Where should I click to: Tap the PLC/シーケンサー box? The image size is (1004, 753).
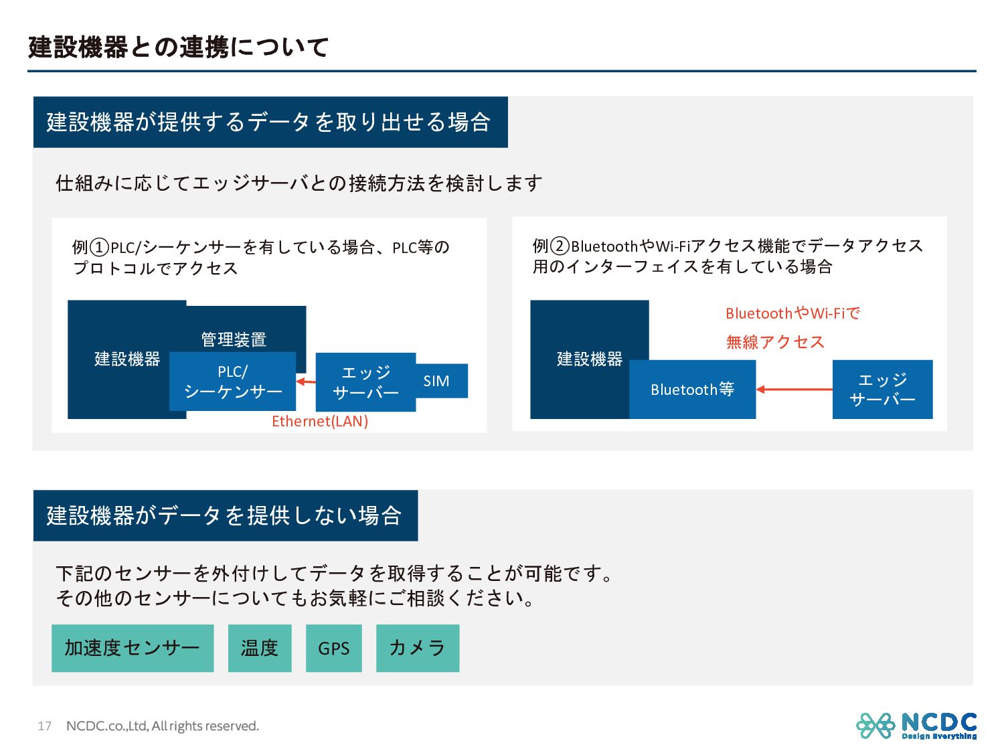pyautogui.click(x=232, y=382)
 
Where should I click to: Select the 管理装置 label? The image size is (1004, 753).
pyautogui.click(x=234, y=339)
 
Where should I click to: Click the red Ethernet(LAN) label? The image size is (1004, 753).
pyautogui.click(x=320, y=421)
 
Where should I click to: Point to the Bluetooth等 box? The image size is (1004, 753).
pyautogui.click(x=692, y=390)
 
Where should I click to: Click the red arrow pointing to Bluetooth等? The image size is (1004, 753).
pyautogui.click(x=794, y=389)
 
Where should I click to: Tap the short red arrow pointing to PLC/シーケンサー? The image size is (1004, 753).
pyautogui.click(x=306, y=382)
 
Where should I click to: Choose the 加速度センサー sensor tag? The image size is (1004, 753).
pyautogui.click(x=133, y=648)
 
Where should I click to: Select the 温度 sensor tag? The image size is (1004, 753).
pyautogui.click(x=260, y=648)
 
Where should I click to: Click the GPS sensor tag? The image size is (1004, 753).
pyautogui.click(x=333, y=648)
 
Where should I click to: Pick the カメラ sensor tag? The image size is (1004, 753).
pyautogui.click(x=418, y=648)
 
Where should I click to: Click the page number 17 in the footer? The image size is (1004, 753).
pyautogui.click(x=44, y=726)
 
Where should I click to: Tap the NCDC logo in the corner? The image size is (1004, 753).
pyautogui.click(x=916, y=726)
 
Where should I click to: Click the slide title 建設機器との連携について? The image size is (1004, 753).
pyautogui.click(x=178, y=47)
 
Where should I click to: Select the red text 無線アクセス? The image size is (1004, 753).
pyautogui.click(x=775, y=342)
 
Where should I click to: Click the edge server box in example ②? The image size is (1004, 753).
pyautogui.click(x=882, y=390)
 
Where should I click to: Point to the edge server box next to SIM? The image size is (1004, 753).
pyautogui.click(x=365, y=382)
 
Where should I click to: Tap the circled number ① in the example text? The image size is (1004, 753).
pyautogui.click(x=99, y=248)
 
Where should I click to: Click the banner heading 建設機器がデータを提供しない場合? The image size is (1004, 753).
pyautogui.click(x=225, y=515)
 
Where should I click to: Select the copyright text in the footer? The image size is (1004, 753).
pyautogui.click(x=162, y=726)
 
